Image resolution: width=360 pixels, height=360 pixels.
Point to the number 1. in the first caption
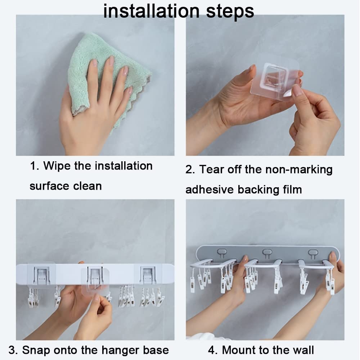click(x=34, y=166)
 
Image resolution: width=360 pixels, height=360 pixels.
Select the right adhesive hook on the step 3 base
click(x=148, y=276)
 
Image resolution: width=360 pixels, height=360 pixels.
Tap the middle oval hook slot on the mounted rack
click(x=267, y=252)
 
